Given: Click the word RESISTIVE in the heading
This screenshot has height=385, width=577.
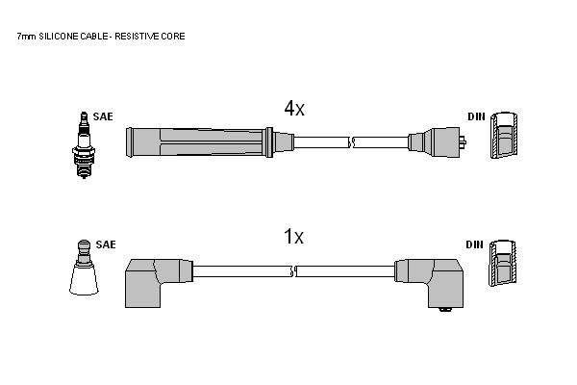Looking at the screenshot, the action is [x=132, y=37].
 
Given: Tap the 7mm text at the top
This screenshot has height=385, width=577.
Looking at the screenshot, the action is [x=27, y=37].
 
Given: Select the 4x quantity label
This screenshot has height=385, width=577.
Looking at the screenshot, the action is [x=294, y=109].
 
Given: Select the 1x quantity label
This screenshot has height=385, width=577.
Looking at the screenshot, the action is [x=293, y=236].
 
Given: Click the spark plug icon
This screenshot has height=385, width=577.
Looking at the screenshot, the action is [x=84, y=145].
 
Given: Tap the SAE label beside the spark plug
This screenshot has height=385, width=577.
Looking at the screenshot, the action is [x=103, y=116].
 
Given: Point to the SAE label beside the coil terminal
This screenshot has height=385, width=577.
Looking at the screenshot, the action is [x=106, y=244].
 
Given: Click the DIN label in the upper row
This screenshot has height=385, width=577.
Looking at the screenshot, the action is [x=477, y=116].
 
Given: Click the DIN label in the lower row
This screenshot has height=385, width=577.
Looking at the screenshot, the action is [x=474, y=244].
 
